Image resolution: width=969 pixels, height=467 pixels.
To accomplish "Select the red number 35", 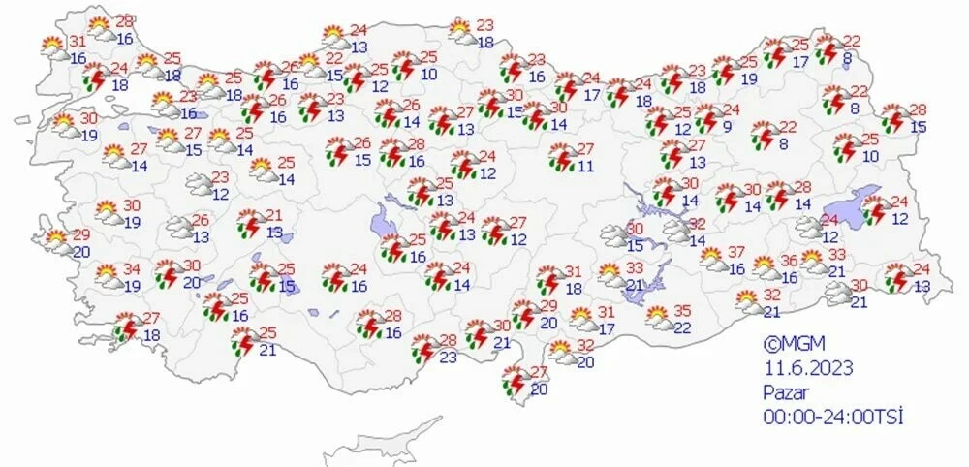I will (682, 311).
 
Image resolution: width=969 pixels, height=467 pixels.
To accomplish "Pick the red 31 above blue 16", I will (78, 42).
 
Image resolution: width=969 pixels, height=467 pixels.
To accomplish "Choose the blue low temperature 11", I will (585, 167).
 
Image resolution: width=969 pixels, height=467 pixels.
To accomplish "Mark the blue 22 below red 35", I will (682, 328).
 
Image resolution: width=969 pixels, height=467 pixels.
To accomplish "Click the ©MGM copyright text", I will (786, 342).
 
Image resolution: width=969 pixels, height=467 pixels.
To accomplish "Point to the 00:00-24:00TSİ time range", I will (832, 417).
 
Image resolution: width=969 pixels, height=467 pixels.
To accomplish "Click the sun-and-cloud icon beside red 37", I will (711, 258).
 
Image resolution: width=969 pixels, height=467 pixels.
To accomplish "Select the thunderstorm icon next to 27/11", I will (560, 158).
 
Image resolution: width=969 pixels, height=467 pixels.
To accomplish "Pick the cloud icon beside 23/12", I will (198, 182).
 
